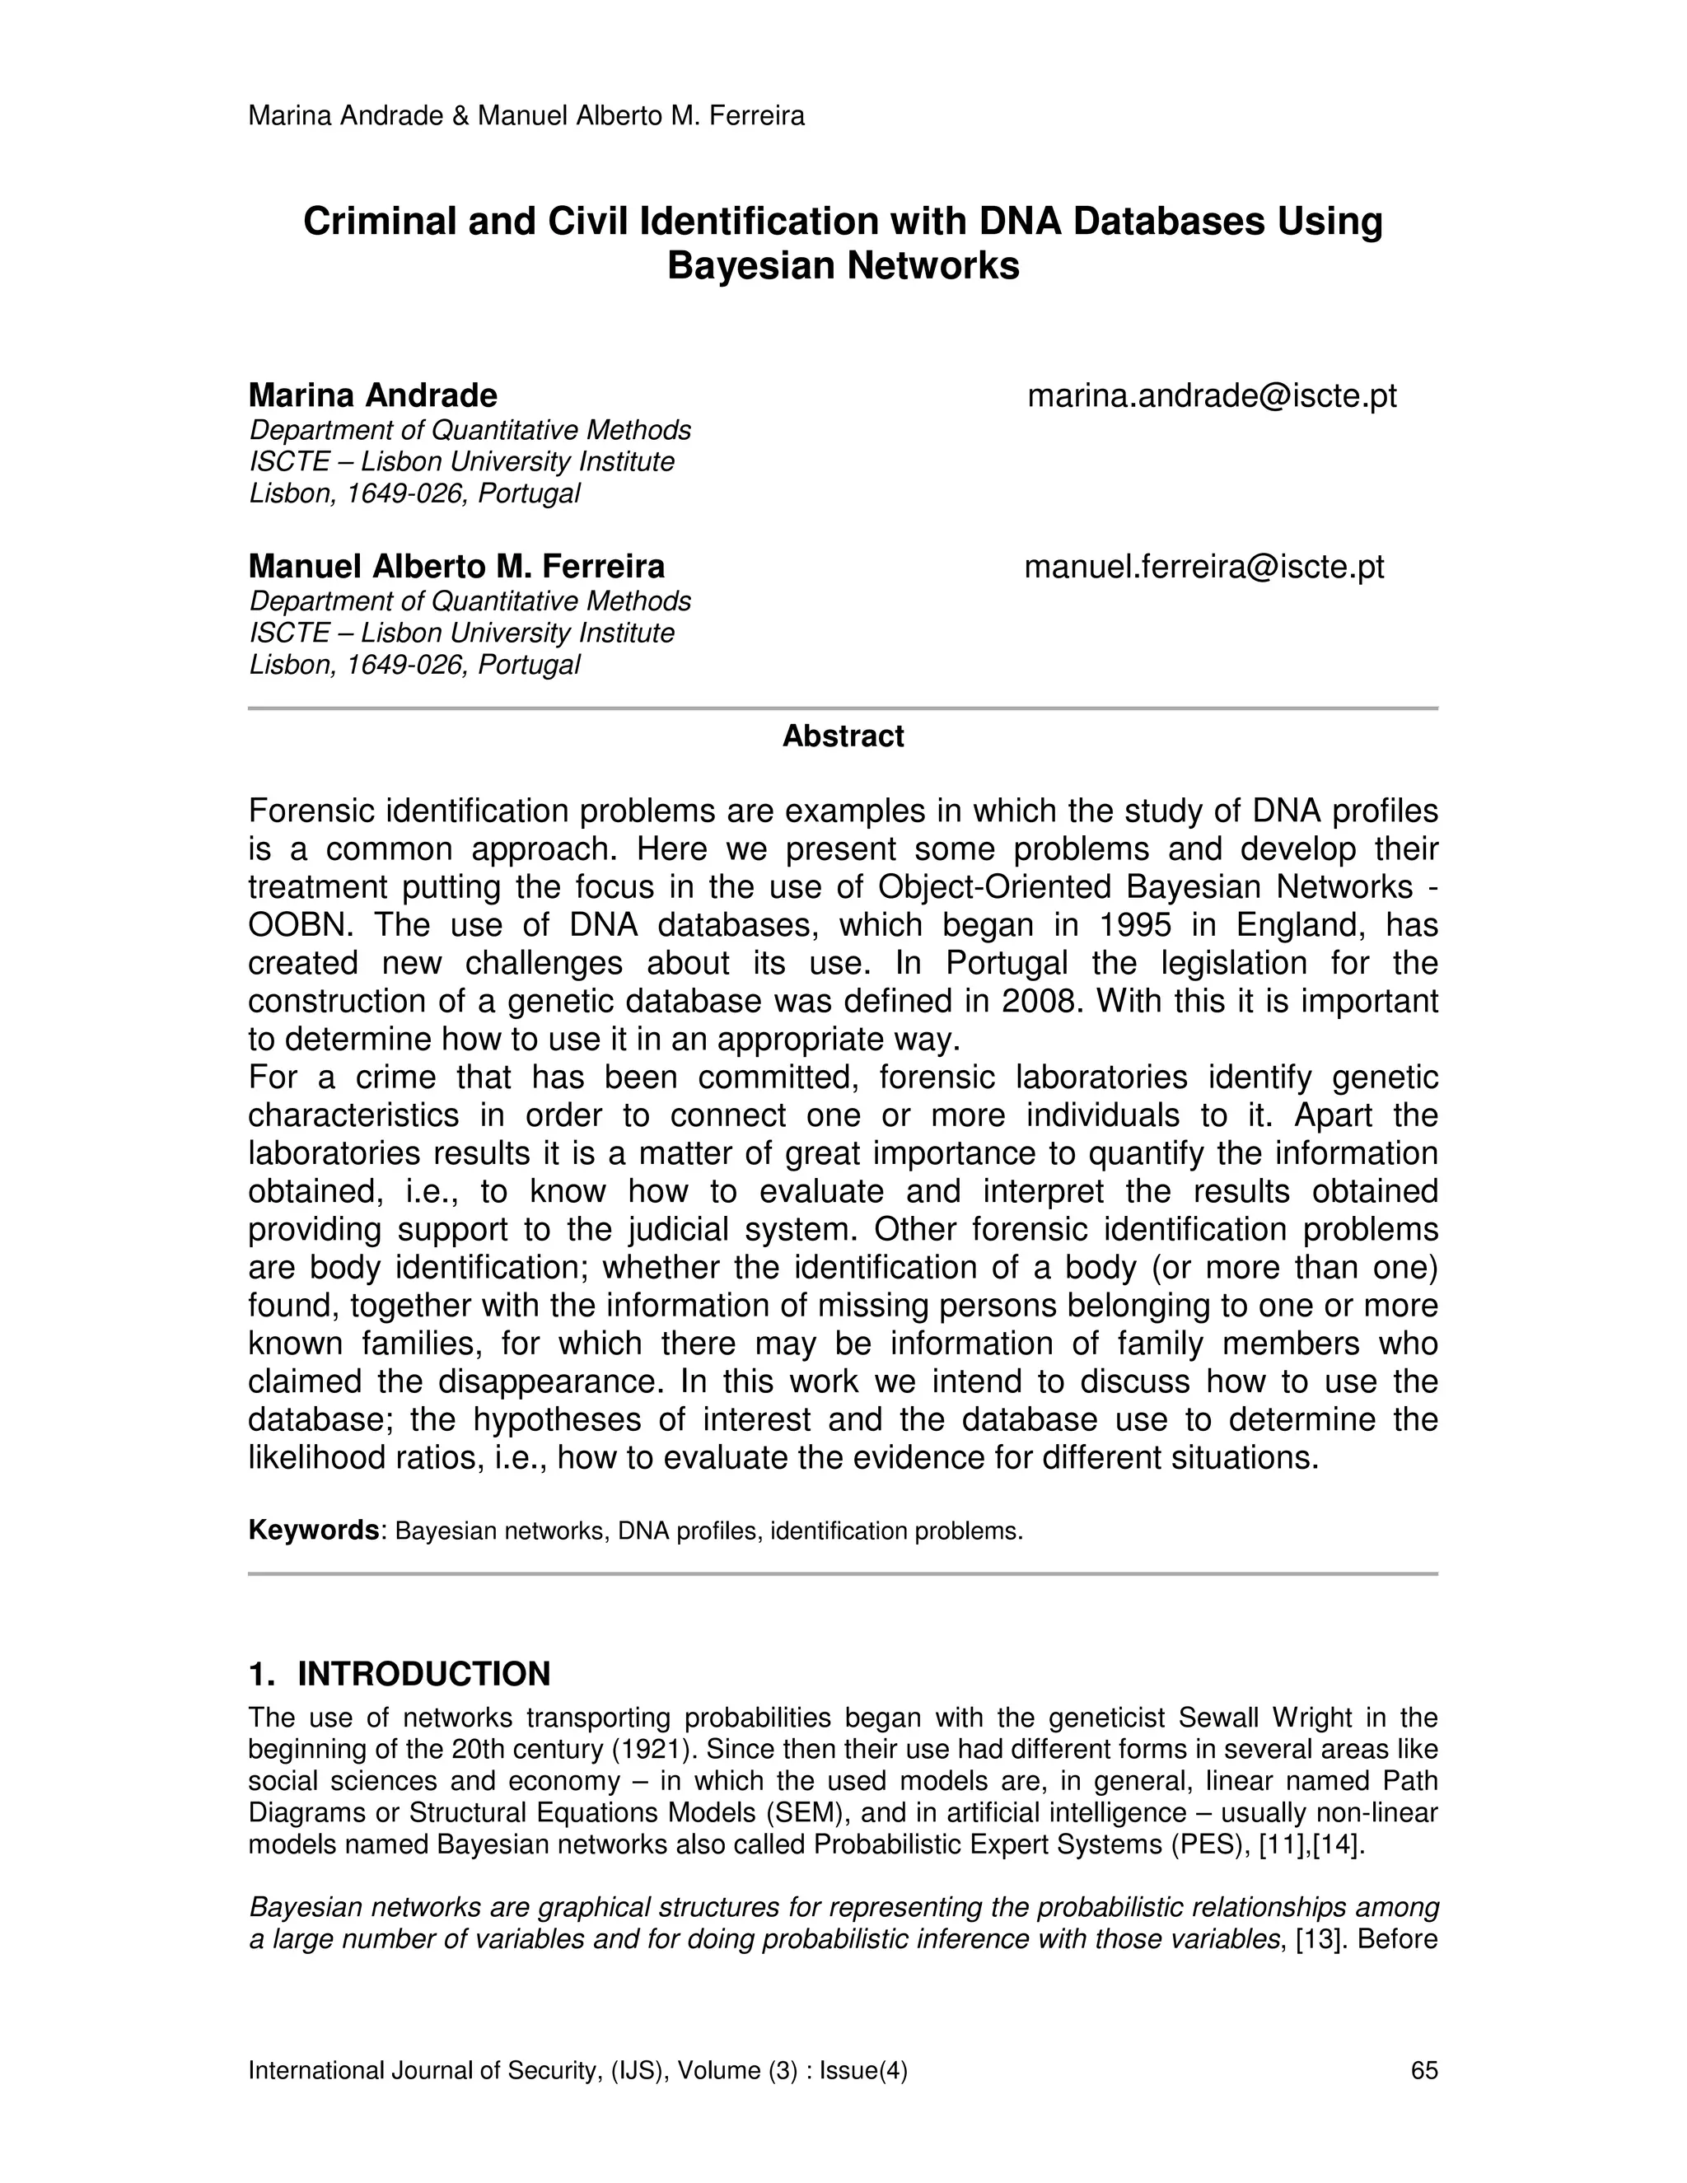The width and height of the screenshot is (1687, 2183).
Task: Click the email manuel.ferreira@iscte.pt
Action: point(1204,567)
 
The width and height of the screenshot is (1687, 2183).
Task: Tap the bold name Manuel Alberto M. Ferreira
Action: point(456,567)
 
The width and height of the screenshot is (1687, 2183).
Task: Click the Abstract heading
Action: point(843,736)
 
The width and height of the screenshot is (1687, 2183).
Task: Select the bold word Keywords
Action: point(313,1531)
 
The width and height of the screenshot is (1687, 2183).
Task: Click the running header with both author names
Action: point(526,116)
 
